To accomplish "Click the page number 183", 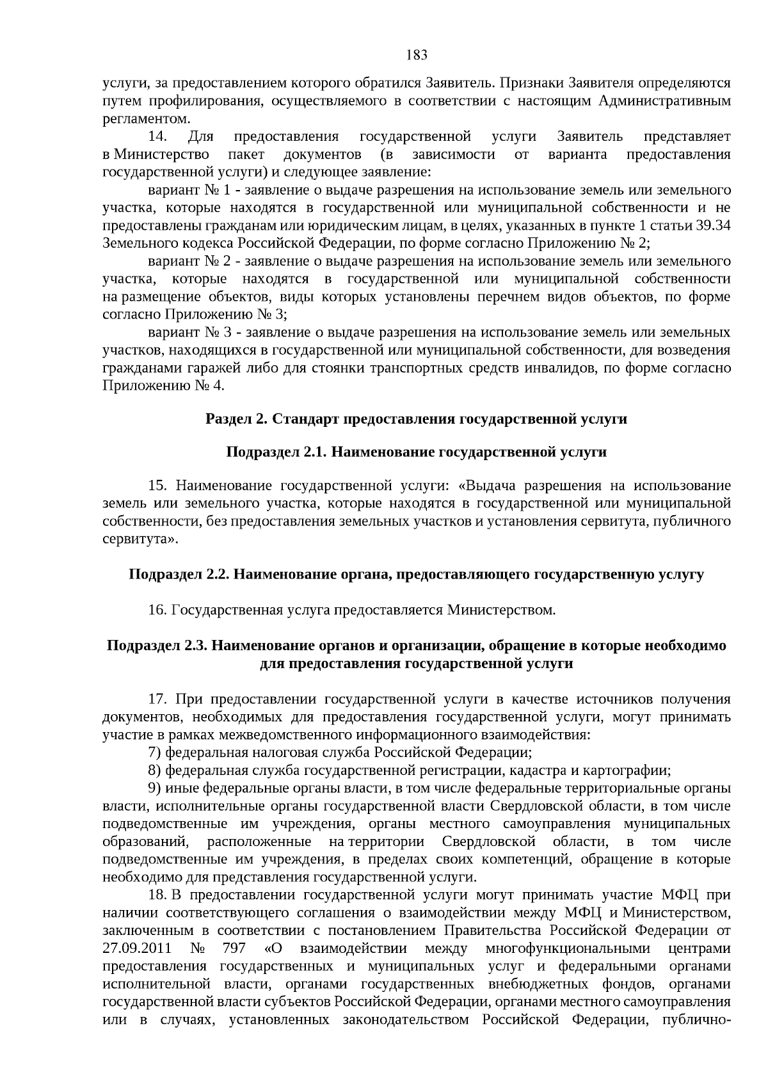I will point(417,54).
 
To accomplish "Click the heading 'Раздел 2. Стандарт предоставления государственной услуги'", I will point(416,419).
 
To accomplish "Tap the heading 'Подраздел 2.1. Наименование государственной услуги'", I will point(416,452).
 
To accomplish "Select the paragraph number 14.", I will point(157,137).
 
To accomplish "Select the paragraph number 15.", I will point(157,486).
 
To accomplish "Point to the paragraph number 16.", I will point(157,610).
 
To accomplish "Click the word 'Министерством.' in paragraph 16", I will point(501,610).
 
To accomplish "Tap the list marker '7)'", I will point(154,753).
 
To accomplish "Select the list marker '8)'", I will point(154,771).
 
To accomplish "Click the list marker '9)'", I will point(154,788).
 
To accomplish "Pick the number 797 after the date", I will point(231,948).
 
